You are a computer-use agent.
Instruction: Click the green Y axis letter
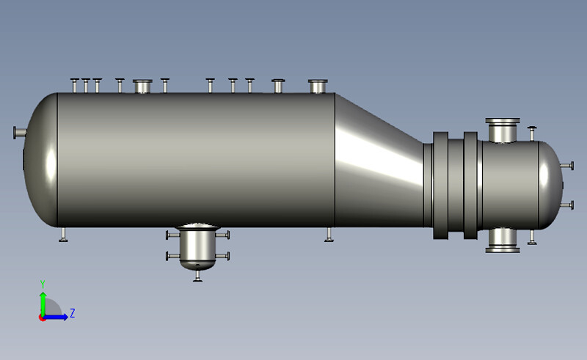[43, 284]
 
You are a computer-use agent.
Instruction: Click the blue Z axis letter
[73, 314]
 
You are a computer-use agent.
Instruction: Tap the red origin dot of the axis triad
[43, 317]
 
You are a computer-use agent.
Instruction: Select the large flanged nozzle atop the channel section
[503, 129]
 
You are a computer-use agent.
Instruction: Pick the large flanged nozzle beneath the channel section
[503, 240]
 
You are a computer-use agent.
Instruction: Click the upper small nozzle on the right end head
[566, 166]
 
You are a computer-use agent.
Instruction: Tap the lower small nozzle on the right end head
[566, 205]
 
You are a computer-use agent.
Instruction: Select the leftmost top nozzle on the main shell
[75, 85]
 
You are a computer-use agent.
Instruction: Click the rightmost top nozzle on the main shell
[318, 86]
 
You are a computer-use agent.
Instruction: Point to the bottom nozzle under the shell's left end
[64, 234]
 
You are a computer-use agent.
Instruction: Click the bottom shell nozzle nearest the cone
[329, 234]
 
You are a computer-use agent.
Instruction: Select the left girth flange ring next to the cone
[440, 185]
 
